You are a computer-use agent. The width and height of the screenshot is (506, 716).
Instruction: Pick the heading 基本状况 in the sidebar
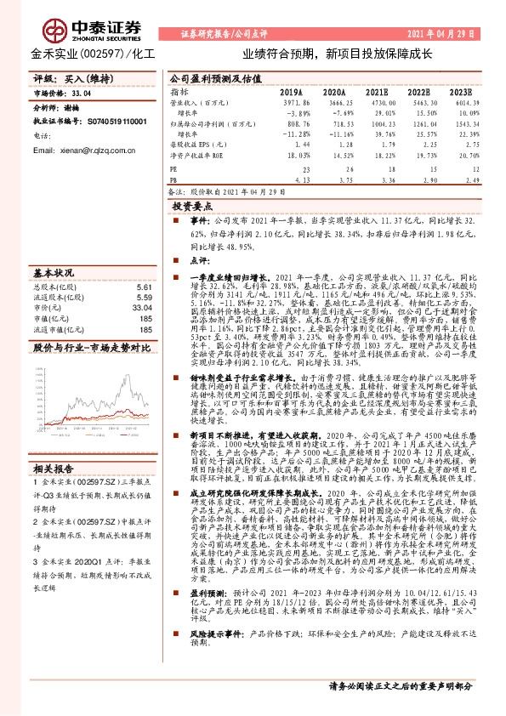[54, 273]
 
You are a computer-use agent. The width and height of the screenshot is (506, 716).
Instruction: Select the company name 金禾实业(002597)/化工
[82, 54]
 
